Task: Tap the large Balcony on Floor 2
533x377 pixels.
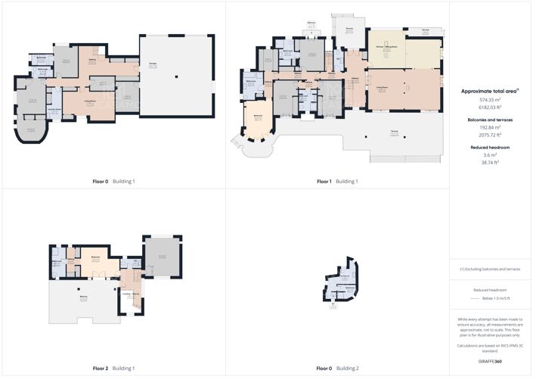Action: [x=83, y=298]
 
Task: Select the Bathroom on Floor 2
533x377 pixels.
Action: [x=57, y=262]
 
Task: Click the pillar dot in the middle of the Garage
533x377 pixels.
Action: [x=175, y=76]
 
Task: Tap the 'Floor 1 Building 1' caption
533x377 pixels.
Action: [x=336, y=182]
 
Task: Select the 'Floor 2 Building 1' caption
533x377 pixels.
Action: [x=113, y=368]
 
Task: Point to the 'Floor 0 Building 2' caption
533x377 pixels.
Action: [x=336, y=368]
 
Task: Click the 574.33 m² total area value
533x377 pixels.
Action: [x=490, y=100]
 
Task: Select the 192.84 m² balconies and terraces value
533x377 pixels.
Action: [x=490, y=127]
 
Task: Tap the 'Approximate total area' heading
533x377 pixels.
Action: [x=489, y=91]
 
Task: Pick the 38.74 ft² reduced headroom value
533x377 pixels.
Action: [x=490, y=163]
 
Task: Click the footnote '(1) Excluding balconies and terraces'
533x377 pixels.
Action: [x=490, y=269]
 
